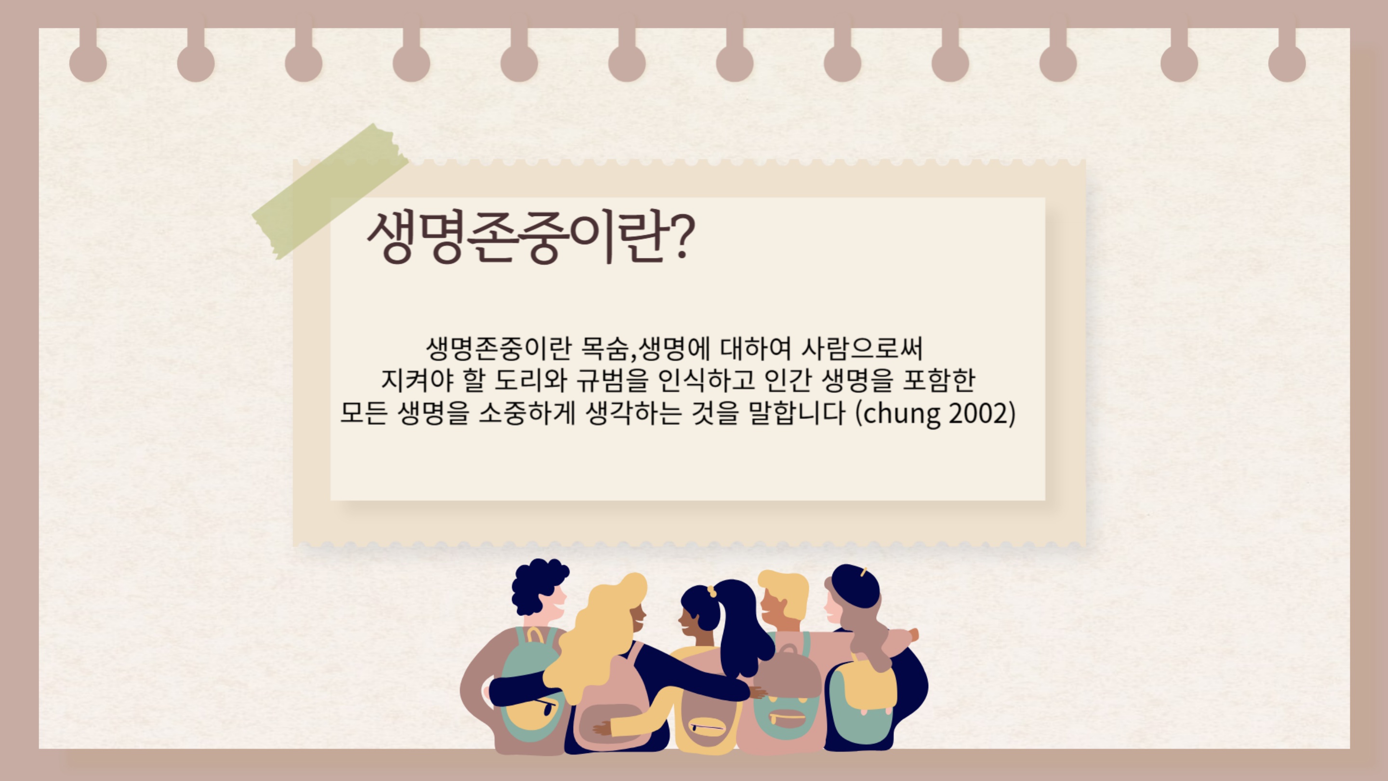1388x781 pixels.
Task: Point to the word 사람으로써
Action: click(x=862, y=348)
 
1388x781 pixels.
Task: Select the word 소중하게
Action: click(x=527, y=414)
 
